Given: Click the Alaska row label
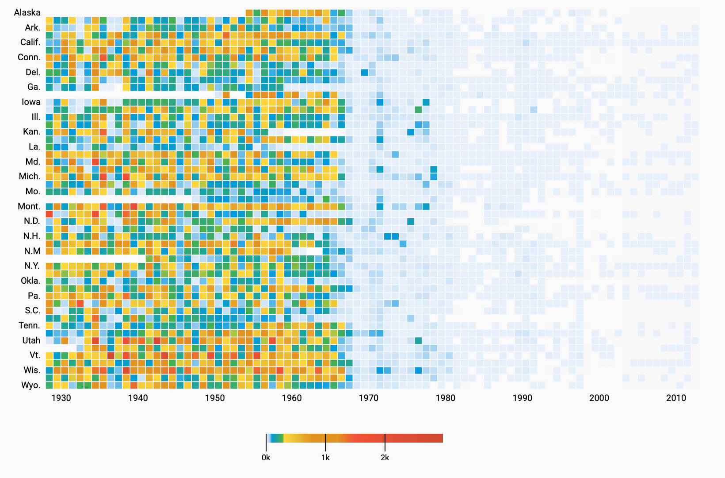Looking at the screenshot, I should tap(27, 12).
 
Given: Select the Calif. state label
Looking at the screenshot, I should tap(30, 42).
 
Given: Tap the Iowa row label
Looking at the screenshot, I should tap(31, 102).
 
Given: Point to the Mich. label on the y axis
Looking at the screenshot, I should tap(29, 176).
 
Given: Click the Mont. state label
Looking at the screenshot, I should tap(29, 206).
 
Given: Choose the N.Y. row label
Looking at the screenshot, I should tap(32, 266).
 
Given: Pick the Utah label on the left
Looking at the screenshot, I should tap(31, 340).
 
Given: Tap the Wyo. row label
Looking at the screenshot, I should tap(31, 385).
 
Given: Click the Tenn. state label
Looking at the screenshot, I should tap(29, 325).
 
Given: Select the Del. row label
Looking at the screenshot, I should tap(33, 72).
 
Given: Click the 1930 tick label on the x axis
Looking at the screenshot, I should tap(61, 398).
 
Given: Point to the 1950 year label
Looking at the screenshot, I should tap(215, 398).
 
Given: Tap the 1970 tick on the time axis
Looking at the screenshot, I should tap(369, 398).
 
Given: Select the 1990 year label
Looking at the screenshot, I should tap(523, 398).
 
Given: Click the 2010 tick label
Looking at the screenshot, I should tap(676, 398).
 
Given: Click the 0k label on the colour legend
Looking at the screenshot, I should tap(266, 458).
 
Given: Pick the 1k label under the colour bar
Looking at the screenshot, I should tap(325, 458).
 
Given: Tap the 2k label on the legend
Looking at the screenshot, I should tap(385, 458).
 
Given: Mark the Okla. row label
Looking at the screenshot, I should tap(31, 281).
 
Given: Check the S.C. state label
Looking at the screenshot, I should tap(32, 310).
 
